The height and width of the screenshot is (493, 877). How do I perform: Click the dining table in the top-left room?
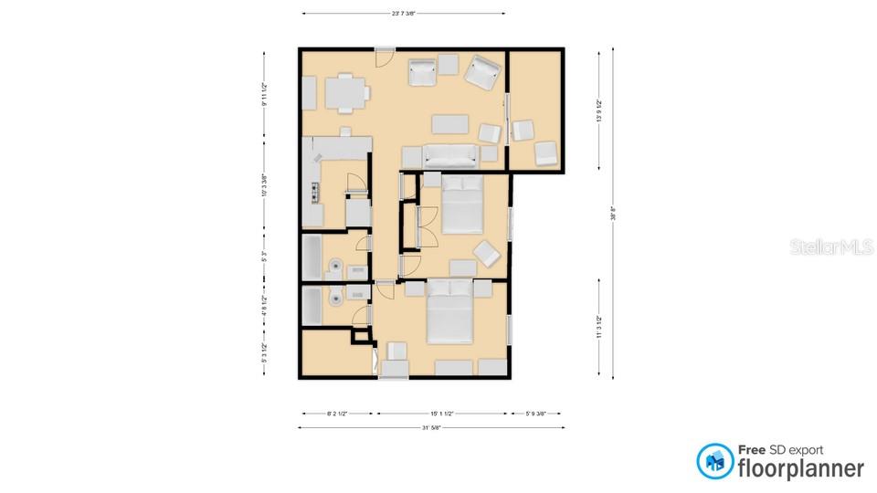pyautogui.click(x=346, y=92)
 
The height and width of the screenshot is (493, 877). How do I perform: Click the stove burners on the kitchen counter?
pyautogui.click(x=314, y=193)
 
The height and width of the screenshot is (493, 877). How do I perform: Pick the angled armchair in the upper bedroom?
pyautogui.click(x=485, y=252)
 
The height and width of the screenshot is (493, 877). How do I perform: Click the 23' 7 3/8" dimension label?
pyautogui.click(x=403, y=14)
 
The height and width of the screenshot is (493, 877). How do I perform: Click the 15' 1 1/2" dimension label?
pyautogui.click(x=441, y=413)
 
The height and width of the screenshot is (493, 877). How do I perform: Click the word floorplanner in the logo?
pyautogui.click(x=801, y=468)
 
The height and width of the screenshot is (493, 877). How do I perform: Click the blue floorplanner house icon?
pyautogui.click(x=715, y=461)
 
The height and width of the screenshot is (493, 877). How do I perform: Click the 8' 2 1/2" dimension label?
pyautogui.click(x=337, y=413)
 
